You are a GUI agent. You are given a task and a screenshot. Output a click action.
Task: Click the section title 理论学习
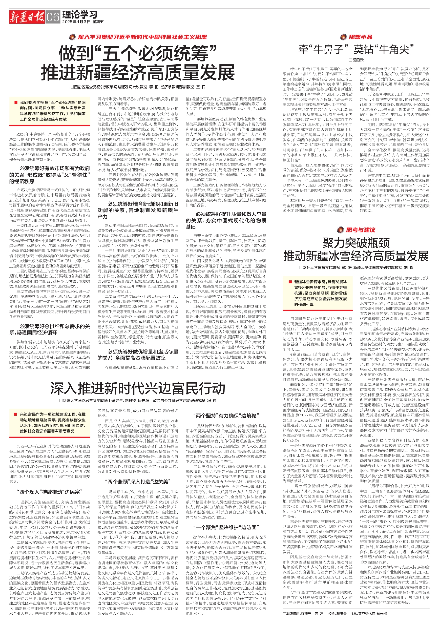(x=80, y=14)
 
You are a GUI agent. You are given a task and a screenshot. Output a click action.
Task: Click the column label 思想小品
(x=360, y=37)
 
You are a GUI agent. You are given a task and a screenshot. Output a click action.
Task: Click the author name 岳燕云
(x=358, y=60)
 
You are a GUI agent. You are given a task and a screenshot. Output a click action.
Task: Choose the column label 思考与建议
(x=360, y=230)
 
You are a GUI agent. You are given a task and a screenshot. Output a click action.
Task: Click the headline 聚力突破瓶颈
(x=356, y=243)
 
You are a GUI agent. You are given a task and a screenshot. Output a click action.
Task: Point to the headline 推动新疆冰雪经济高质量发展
(x=356, y=256)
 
